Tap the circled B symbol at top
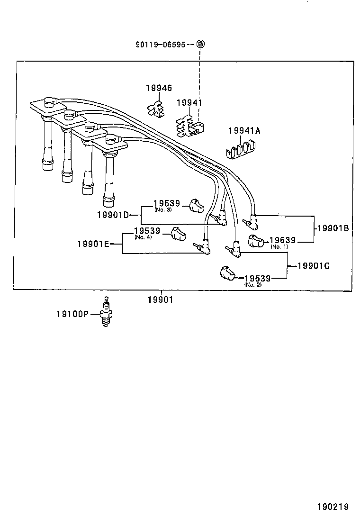point(200,44)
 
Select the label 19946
point(159,88)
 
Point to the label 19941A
point(244,131)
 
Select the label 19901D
point(113,215)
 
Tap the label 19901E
point(94,244)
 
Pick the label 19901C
point(313,266)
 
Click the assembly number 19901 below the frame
point(160,300)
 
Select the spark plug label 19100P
point(72,314)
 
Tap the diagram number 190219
point(333,507)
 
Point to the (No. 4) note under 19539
point(143,237)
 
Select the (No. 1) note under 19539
point(279,247)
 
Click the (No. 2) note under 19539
point(252,284)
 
